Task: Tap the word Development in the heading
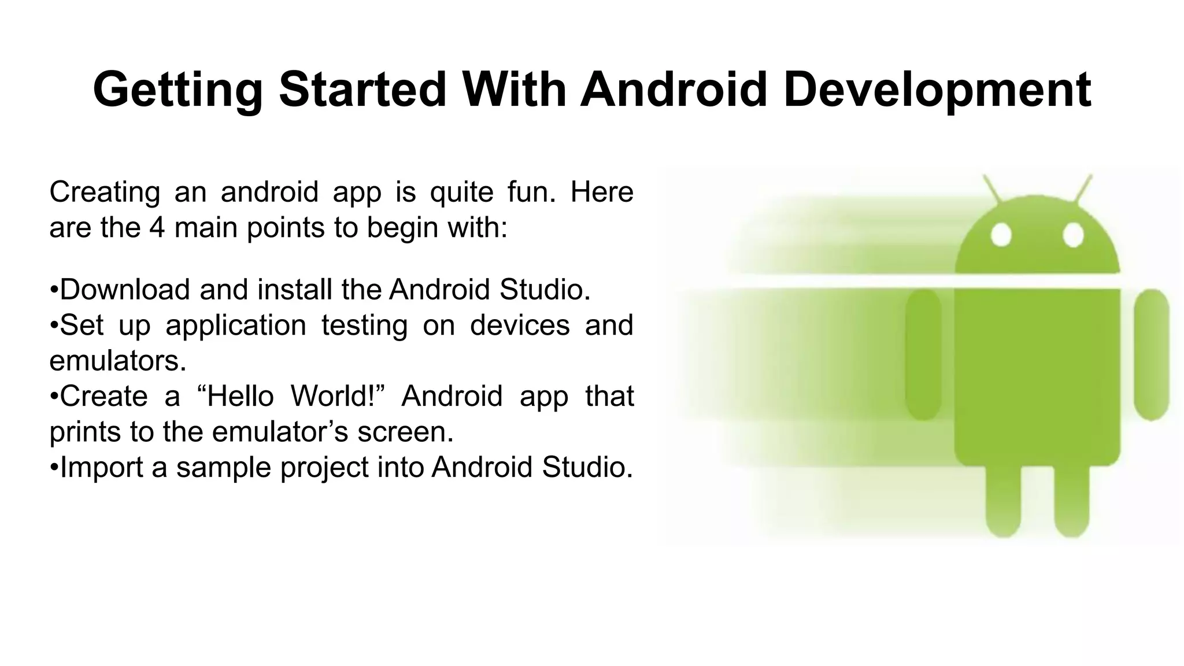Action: pyautogui.click(x=937, y=90)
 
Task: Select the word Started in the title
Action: pyautogui.click(x=362, y=90)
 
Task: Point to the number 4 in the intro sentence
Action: pyautogui.click(x=157, y=227)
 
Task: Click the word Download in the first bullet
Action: pyautogui.click(x=124, y=289)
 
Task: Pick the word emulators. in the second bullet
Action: pyautogui.click(x=118, y=361)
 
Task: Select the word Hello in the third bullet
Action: pyautogui.click(x=240, y=396)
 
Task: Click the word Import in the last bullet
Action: pyautogui.click(x=101, y=467)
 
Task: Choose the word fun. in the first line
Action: pyautogui.click(x=531, y=191)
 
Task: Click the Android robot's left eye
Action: pyautogui.click(x=1001, y=235)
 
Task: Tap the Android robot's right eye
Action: pyautogui.click(x=1073, y=235)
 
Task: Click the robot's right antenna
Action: pyautogui.click(x=1082, y=189)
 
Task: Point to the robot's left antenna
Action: pyautogui.click(x=993, y=189)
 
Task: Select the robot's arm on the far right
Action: pyautogui.click(x=1152, y=354)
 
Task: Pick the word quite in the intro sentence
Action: pyautogui.click(x=461, y=191)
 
